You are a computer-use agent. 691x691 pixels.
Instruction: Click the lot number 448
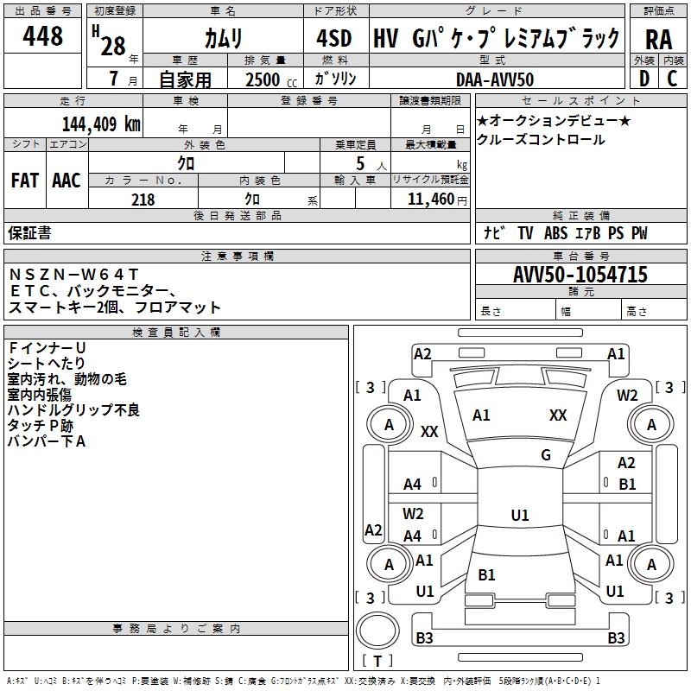(44, 36)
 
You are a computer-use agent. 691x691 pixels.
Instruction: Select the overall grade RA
(658, 39)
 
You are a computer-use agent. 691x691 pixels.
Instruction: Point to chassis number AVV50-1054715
(580, 275)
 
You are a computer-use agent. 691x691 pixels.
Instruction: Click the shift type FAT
(24, 180)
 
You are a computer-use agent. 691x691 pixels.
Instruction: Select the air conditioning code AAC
(66, 180)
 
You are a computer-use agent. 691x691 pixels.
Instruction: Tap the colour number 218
(143, 200)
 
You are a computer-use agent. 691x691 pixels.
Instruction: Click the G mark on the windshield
(545, 455)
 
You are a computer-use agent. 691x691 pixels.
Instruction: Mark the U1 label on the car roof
(519, 516)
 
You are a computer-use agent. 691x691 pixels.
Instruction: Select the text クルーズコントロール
(541, 140)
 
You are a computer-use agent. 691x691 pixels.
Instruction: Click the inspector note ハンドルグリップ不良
(73, 409)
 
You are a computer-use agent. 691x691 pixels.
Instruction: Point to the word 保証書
(29, 232)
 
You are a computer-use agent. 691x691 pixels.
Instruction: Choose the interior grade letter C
(671, 79)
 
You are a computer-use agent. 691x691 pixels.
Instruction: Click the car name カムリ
(223, 39)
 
